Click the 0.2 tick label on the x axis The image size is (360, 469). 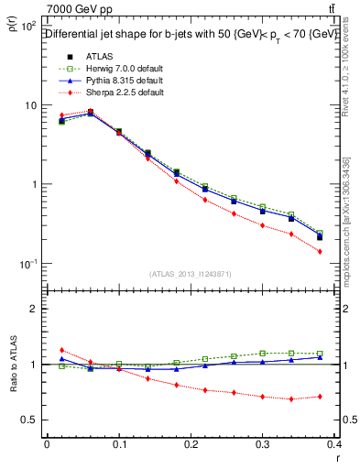191,445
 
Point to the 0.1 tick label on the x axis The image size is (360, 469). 118,445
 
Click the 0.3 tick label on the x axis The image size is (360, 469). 263,445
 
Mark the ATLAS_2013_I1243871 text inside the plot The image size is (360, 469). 191,274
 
